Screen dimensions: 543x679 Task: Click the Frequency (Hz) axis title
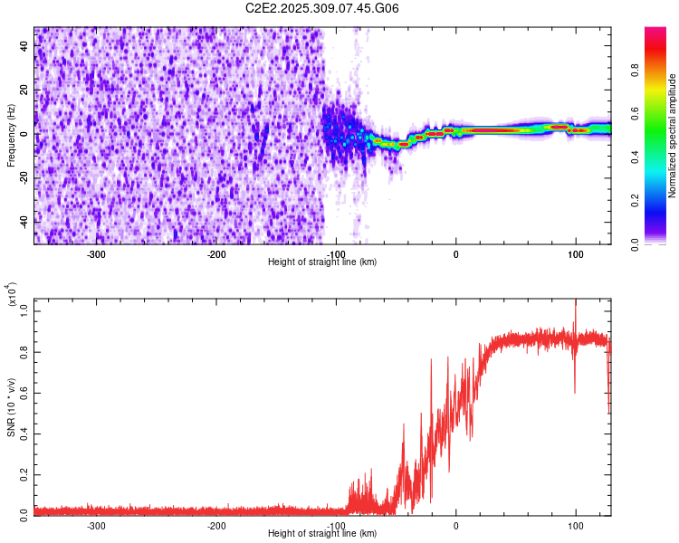pos(11,136)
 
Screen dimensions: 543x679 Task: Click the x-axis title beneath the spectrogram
pos(322,262)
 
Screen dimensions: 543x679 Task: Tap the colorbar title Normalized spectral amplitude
pos(672,136)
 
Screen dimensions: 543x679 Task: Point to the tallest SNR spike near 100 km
pos(576,302)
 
